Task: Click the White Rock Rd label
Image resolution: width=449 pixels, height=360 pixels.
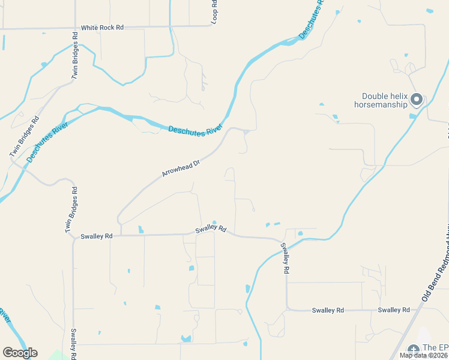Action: pos(102,28)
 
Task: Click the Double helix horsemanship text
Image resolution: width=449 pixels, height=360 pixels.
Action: pos(385,100)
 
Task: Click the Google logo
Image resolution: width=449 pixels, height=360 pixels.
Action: pos(20,353)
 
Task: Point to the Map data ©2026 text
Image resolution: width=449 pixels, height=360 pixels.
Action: pos(424,355)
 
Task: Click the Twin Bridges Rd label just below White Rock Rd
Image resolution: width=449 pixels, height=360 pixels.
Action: pos(75,55)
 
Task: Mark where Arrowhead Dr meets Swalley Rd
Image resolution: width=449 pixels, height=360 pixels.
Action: pos(121,235)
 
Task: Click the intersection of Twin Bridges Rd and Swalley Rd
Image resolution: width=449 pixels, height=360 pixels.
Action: pos(74,236)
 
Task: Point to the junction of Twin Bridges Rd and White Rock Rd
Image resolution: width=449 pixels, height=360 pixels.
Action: pos(76,27)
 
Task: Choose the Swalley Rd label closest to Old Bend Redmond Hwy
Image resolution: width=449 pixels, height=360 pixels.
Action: pos(394,310)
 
